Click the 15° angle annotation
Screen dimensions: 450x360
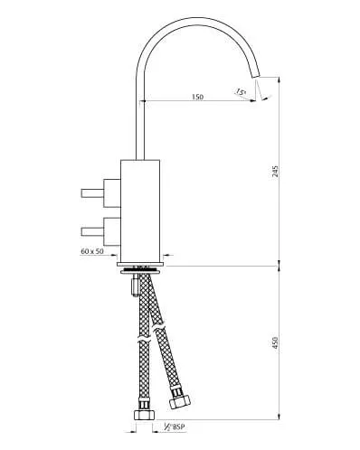pyautogui.click(x=241, y=91)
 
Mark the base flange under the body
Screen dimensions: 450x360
pyautogui.click(x=142, y=267)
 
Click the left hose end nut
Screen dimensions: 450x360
pyautogui.click(x=141, y=417)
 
